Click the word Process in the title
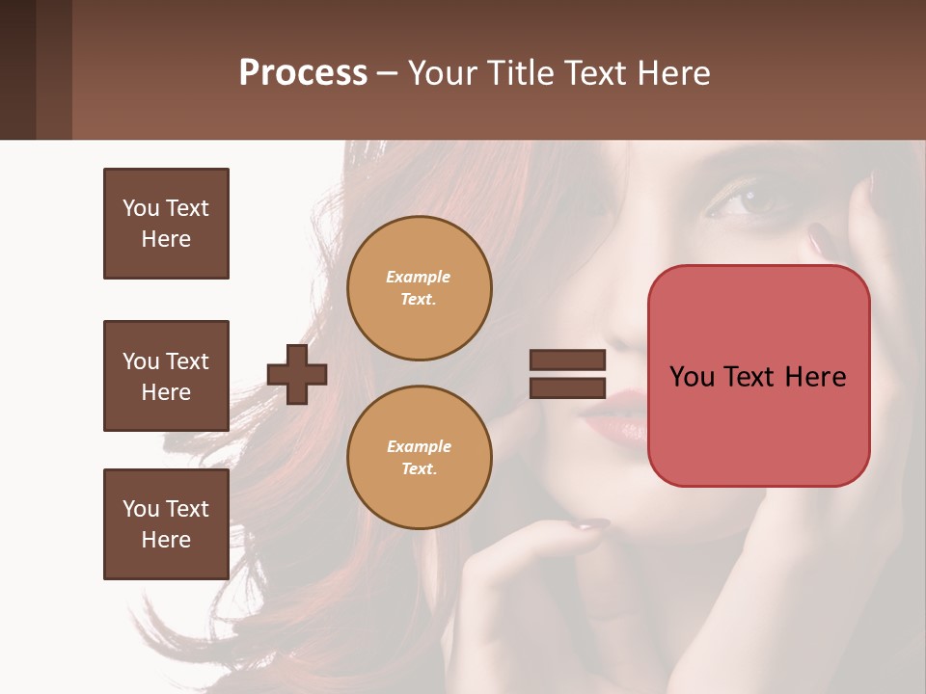(303, 73)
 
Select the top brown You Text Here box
(166, 224)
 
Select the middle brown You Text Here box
(166, 376)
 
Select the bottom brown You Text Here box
(166, 524)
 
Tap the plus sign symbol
(297, 373)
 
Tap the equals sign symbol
(567, 374)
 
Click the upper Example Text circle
(419, 288)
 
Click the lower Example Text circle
(419, 458)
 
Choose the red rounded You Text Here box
(758, 376)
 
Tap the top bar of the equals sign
(567, 360)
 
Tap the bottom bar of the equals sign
(567, 387)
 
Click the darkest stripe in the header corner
(17, 69)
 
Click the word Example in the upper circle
(419, 277)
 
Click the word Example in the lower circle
(419, 446)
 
